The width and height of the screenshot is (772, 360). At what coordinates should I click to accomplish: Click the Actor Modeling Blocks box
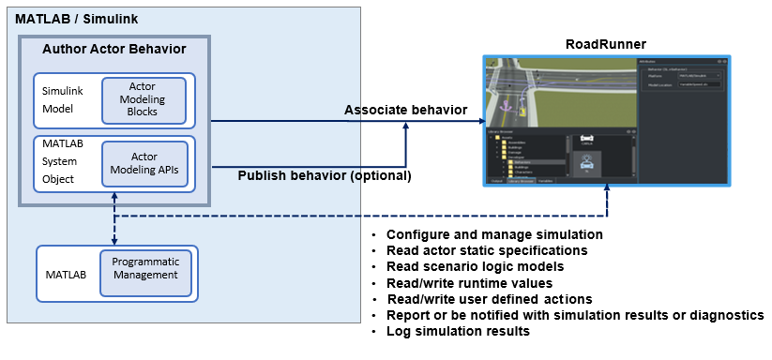[144, 99]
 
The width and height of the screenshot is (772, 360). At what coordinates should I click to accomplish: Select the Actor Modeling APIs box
[144, 162]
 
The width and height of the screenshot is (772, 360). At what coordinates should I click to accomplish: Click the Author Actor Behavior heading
[114, 49]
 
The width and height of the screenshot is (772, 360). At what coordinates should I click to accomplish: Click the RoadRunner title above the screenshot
[605, 44]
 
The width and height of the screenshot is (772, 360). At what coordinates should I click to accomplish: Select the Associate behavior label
[405, 110]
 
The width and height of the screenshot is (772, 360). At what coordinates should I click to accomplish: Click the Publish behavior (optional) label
[325, 174]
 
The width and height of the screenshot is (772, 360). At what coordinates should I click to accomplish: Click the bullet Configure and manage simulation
[494, 234]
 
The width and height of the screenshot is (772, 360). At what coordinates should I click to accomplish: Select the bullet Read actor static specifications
[487, 250]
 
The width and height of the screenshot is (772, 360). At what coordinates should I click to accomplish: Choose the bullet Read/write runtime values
[469, 282]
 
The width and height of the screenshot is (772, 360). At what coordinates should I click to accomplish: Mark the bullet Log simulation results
[458, 331]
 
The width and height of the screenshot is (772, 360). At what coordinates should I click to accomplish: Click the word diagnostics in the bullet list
[730, 315]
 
